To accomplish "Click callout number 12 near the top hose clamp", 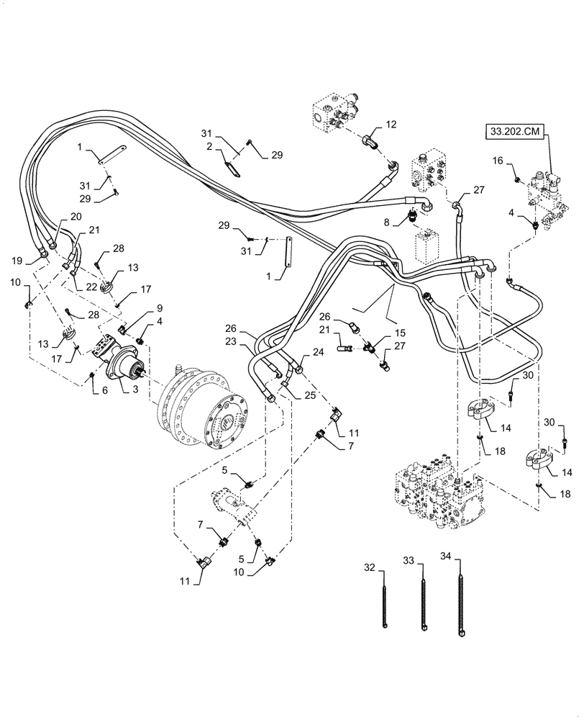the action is [391, 125].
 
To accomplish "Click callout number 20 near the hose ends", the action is [76, 217].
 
